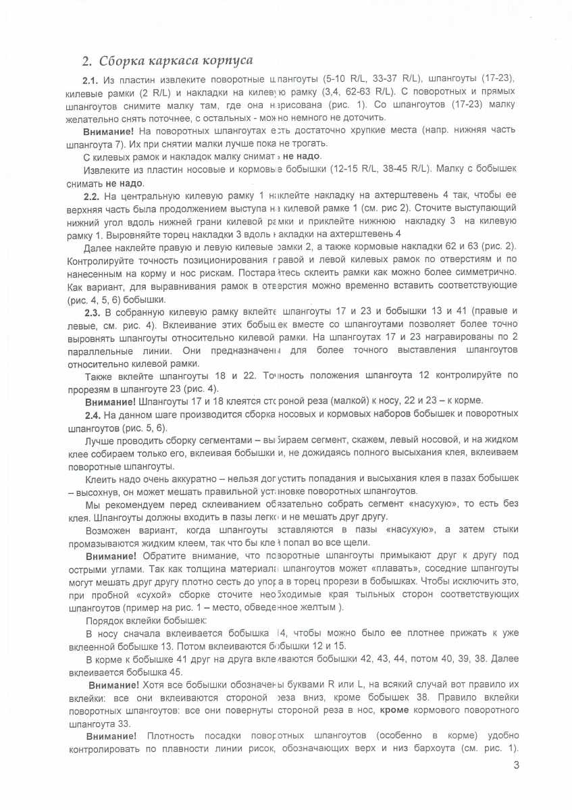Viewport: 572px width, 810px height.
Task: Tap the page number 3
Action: pyautogui.click(x=516, y=766)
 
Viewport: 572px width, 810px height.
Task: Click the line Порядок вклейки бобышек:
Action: pyautogui.click(x=146, y=620)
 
